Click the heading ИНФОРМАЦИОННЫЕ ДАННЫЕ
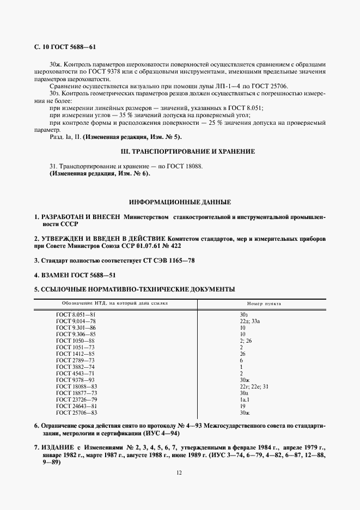pyautogui.click(x=180, y=202)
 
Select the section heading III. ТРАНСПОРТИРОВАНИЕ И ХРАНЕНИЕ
pyautogui.click(x=180, y=151)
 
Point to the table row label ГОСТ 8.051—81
pyautogui.click(x=76, y=315)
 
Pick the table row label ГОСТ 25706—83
pyautogui.click(x=77, y=413)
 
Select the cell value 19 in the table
pyautogui.click(x=242, y=406)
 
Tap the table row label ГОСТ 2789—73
pyautogui.click(x=76, y=361)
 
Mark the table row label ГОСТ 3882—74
pyautogui.click(x=76, y=367)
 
